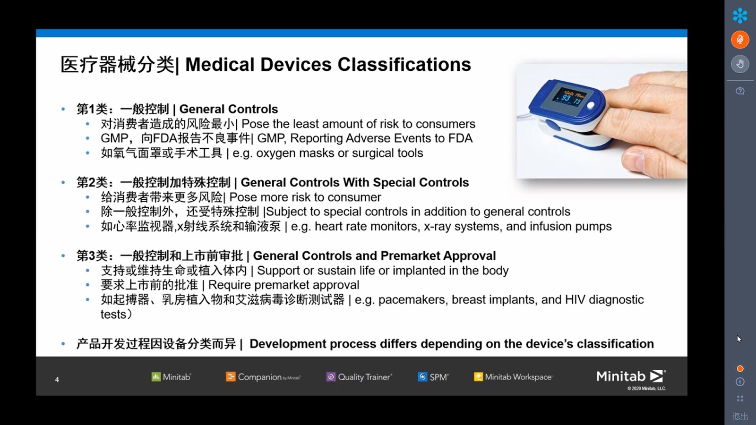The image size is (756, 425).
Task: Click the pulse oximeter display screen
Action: [569, 97]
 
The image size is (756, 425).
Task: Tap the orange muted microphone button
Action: [740, 39]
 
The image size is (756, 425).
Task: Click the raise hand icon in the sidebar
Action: [740, 64]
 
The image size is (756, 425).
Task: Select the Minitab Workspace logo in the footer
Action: [513, 377]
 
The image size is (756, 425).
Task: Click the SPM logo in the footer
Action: [433, 377]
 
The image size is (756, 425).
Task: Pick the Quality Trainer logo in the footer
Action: [359, 377]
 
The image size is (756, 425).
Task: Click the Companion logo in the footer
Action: [263, 377]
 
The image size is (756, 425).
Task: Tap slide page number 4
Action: [57, 380]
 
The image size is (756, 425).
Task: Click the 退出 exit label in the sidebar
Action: [740, 416]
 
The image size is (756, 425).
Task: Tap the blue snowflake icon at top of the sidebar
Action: [740, 16]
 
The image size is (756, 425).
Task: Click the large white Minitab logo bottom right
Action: [631, 376]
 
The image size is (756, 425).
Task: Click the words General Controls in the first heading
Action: [229, 109]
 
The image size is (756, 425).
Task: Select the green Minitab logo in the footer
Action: [171, 377]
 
